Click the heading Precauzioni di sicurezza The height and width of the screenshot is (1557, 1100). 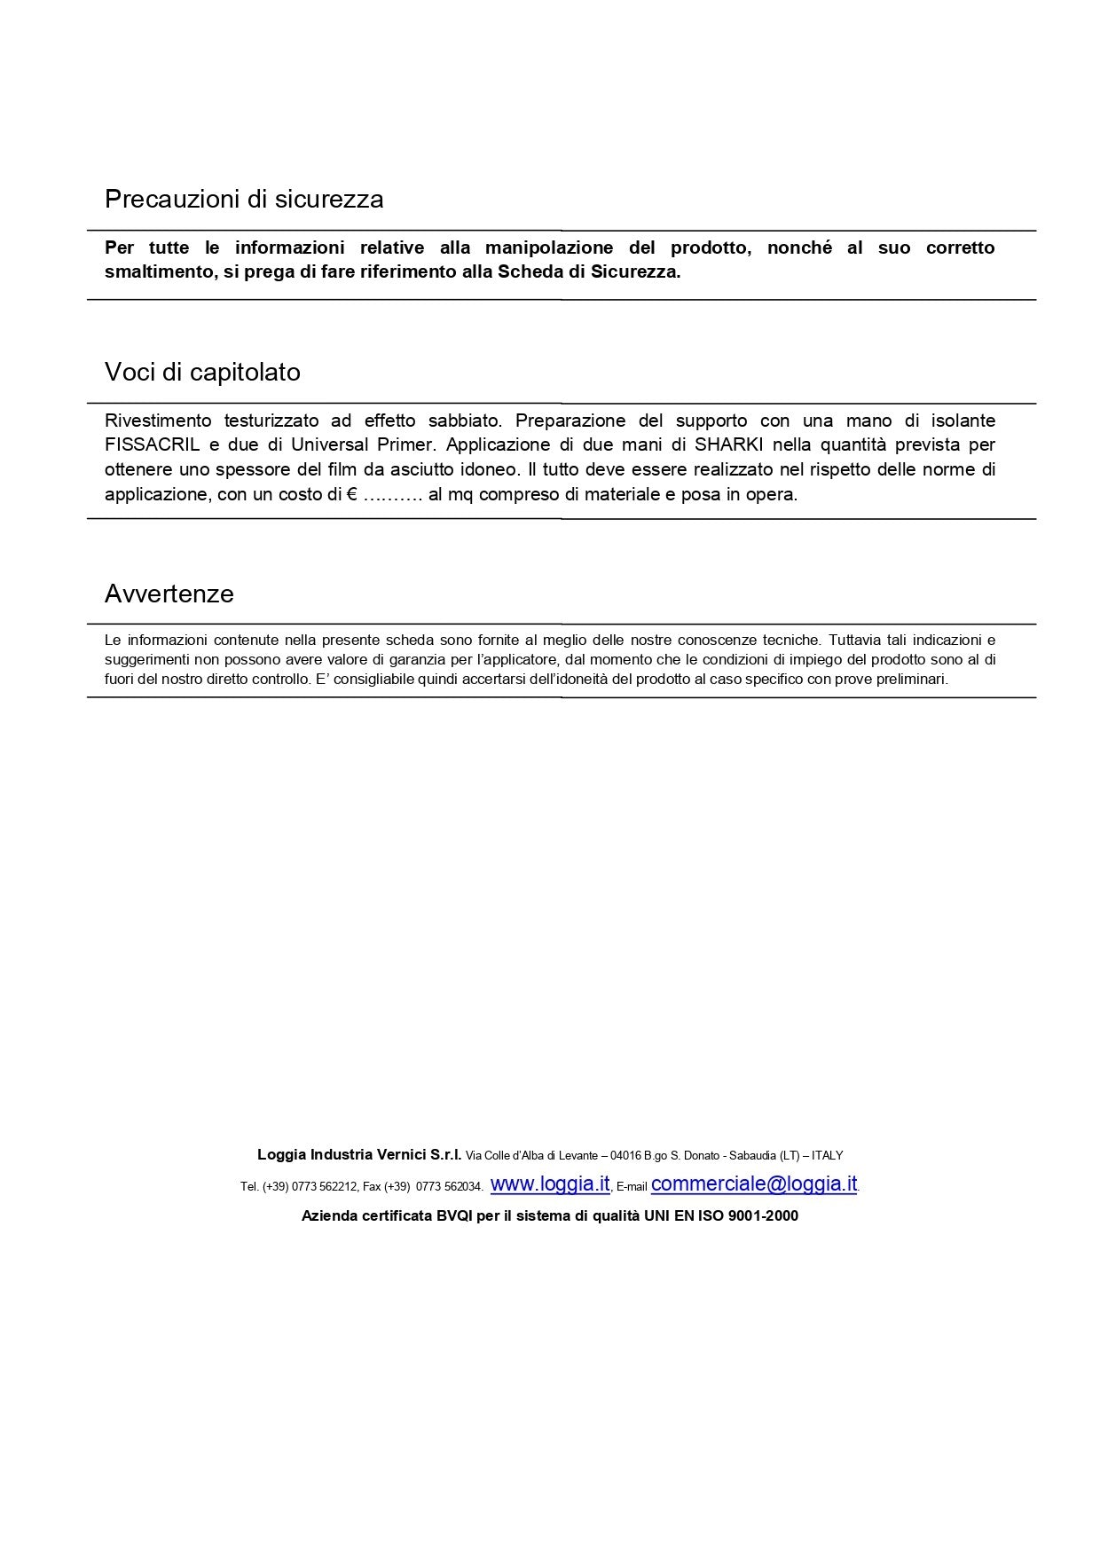pyautogui.click(x=244, y=199)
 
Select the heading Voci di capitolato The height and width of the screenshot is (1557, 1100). pyautogui.click(x=202, y=372)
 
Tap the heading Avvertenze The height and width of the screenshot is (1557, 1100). pyautogui.click(x=169, y=594)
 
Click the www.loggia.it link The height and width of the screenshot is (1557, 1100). pyautogui.click(x=550, y=1183)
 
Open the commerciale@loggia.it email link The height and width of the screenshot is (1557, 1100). pyautogui.click(x=754, y=1183)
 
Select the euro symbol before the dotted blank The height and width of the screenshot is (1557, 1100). pyautogui.click(x=351, y=494)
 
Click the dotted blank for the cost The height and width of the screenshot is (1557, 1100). pyautogui.click(x=393, y=495)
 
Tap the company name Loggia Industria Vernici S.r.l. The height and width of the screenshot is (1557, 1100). pyautogui.click(x=359, y=1154)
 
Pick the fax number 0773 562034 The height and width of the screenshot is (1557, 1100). pyautogui.click(x=449, y=1186)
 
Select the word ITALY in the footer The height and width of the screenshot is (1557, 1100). pyautogui.click(x=827, y=1155)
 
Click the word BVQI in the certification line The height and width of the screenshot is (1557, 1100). pyautogui.click(x=454, y=1215)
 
